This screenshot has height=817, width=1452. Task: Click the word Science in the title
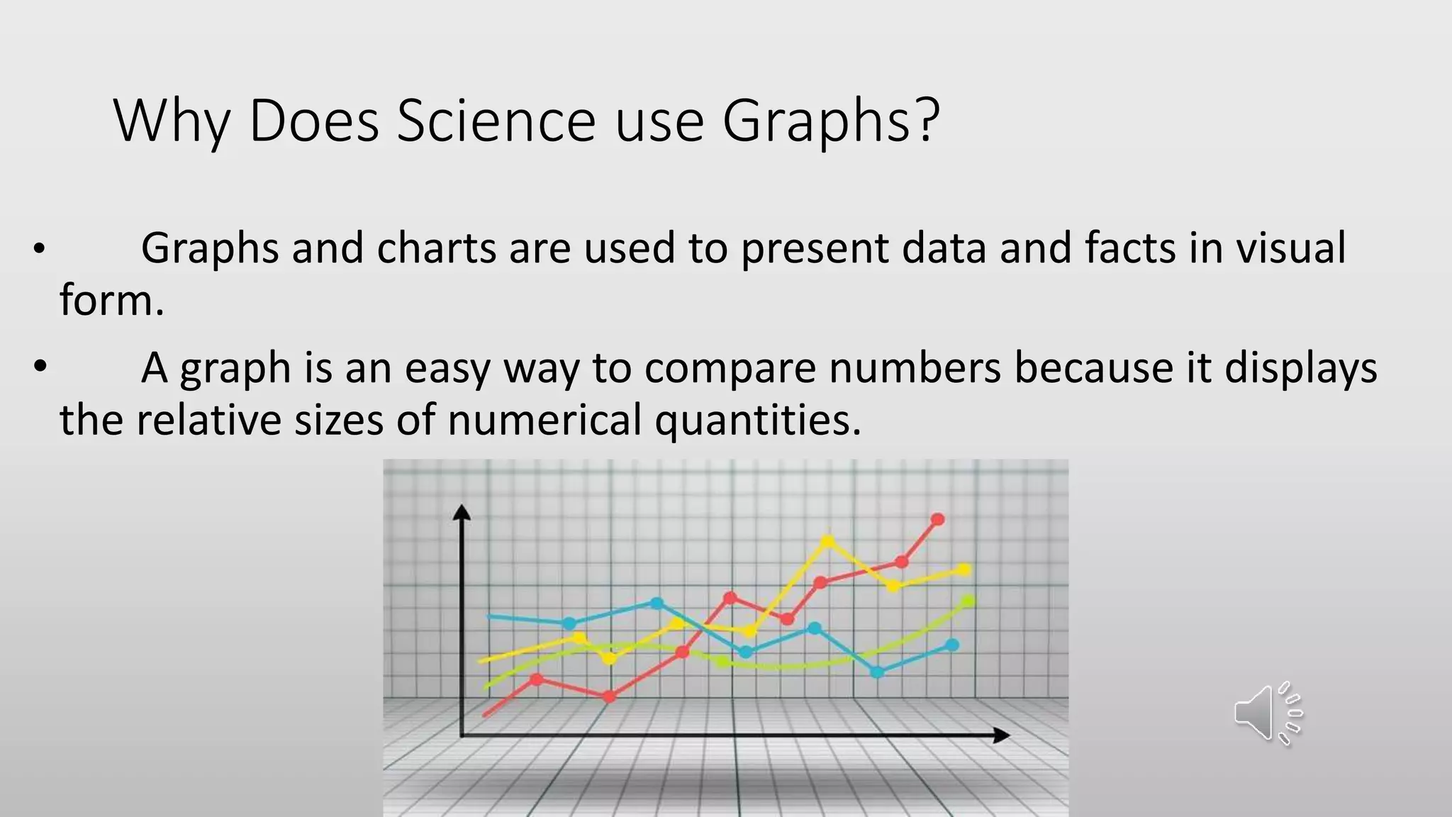coord(496,121)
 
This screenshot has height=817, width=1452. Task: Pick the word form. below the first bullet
coord(111,300)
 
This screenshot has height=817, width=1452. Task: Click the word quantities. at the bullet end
coord(758,420)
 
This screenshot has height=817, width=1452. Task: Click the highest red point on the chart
coord(937,520)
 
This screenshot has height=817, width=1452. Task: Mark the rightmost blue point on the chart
coord(952,645)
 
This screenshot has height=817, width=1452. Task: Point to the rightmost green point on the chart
coord(968,601)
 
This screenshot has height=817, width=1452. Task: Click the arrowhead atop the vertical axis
coord(462,512)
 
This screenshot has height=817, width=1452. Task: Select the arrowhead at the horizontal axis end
coord(1001,735)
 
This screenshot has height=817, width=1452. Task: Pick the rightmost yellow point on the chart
coord(964,569)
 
